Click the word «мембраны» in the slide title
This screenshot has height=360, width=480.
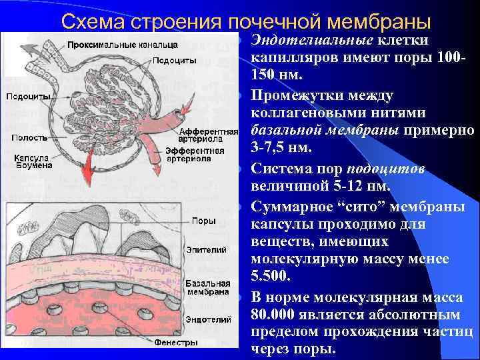pos(377,21)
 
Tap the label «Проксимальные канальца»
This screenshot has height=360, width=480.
pos(121,45)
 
